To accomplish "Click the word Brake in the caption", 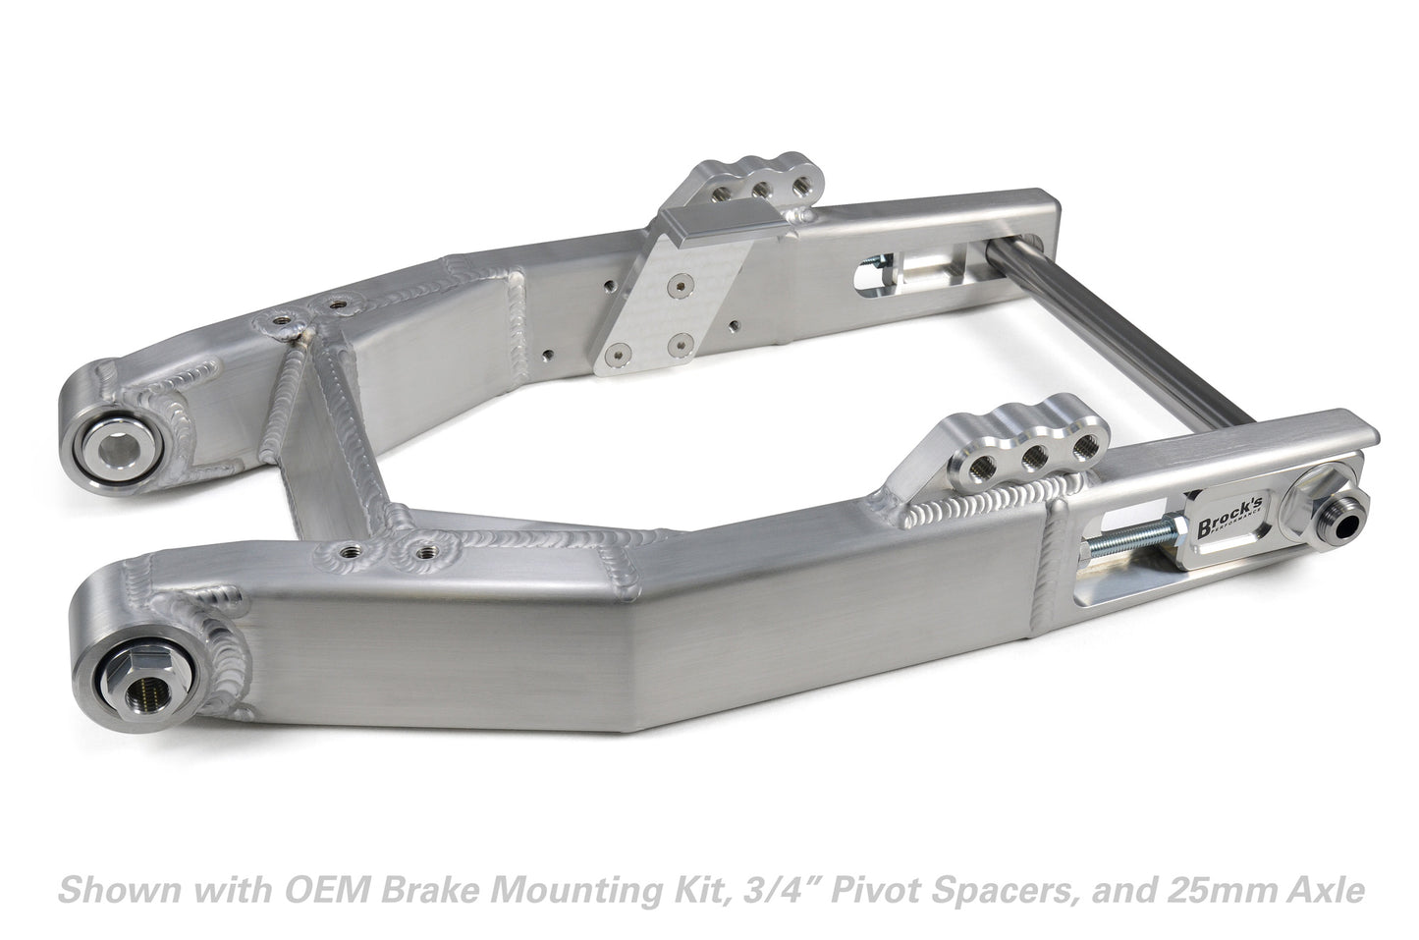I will (417, 891).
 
